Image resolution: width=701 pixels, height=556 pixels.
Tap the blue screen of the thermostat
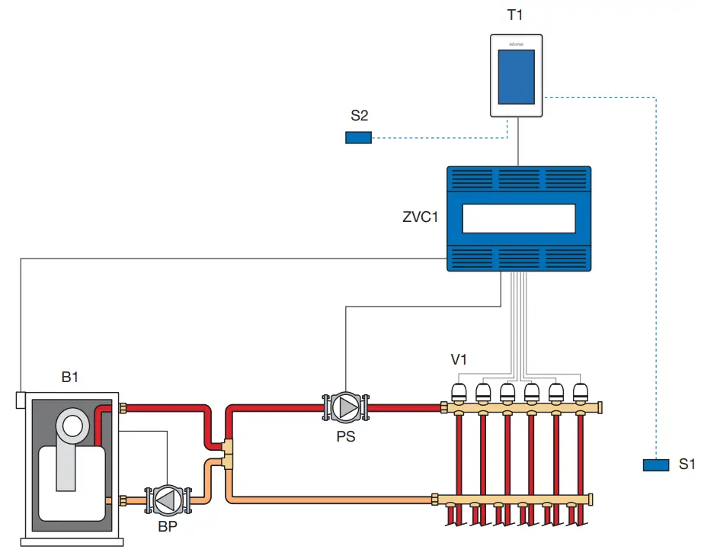tap(517, 77)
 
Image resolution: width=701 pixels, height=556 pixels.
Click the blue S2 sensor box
tap(358, 137)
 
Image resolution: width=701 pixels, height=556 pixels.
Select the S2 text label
tap(360, 116)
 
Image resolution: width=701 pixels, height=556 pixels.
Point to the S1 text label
tap(687, 464)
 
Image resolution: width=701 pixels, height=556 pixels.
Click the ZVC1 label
tap(421, 217)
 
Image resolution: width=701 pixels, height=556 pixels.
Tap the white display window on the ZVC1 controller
tap(518, 217)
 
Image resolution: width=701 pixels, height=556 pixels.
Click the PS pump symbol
tap(347, 407)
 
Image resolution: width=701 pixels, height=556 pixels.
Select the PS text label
tap(347, 436)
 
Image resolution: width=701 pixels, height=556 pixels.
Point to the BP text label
tap(167, 528)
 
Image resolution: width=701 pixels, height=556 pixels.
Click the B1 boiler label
tap(70, 377)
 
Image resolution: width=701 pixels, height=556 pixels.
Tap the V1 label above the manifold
tap(459, 359)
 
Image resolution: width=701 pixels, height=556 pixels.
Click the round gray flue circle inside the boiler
tap(73, 425)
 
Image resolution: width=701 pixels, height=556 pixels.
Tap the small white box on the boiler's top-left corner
tap(21, 399)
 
